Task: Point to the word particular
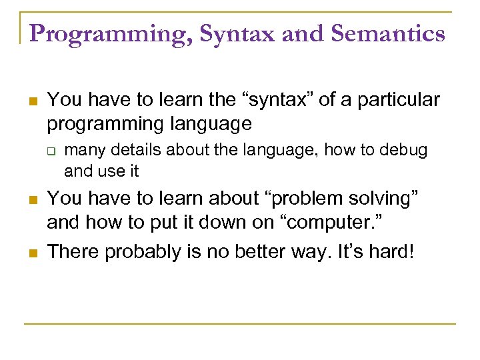[400, 101]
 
